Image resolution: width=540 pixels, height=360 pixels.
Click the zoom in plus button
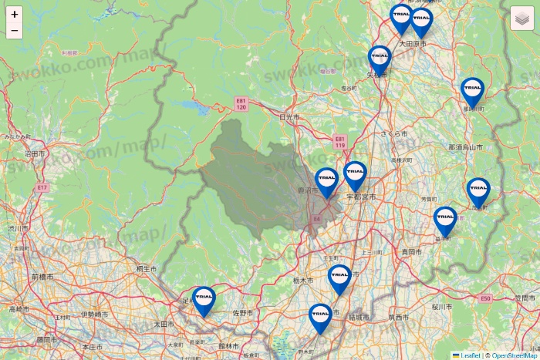15,14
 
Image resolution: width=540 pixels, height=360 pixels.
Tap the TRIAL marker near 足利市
204,300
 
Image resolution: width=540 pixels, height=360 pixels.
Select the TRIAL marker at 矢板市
380,59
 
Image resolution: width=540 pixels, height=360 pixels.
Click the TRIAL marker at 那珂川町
472,91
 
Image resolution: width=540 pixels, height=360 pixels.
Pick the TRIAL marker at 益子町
445,220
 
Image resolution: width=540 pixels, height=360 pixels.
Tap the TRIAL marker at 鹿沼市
327,182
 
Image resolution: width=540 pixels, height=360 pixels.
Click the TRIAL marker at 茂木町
478,191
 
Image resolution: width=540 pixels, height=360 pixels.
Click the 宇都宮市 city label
361,197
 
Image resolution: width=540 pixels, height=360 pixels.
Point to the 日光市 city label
289,116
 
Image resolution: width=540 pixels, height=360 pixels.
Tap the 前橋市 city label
42,276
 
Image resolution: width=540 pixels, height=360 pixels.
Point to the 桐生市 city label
146,269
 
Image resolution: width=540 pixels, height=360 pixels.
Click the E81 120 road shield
241,103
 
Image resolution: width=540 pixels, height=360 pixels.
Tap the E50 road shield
485,298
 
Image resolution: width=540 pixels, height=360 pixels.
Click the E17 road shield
42,187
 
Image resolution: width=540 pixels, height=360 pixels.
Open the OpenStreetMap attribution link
515,355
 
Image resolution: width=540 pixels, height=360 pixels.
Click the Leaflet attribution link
470,355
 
